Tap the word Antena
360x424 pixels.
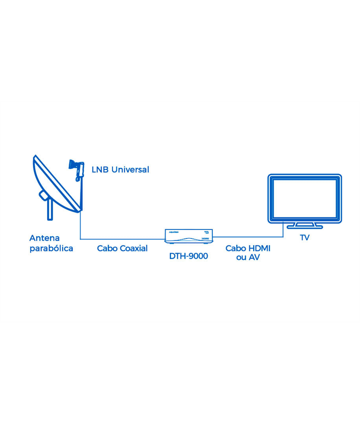pyautogui.click(x=44, y=238)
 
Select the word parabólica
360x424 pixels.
pyautogui.click(x=51, y=248)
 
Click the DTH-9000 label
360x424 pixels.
pyautogui.click(x=188, y=256)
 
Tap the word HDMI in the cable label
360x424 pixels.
pyautogui.click(x=259, y=248)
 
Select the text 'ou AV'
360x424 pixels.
pyautogui.click(x=248, y=258)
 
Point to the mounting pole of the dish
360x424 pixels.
pyautogui.click(x=49, y=209)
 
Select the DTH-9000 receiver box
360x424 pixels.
pyautogui.click(x=189, y=236)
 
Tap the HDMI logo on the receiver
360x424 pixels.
pyautogui.click(x=205, y=239)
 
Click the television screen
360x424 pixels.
pyautogui.click(x=304, y=198)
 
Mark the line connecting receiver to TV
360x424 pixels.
pyautogui.click(x=249, y=237)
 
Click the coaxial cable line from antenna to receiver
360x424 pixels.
pyautogui.click(x=122, y=239)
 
